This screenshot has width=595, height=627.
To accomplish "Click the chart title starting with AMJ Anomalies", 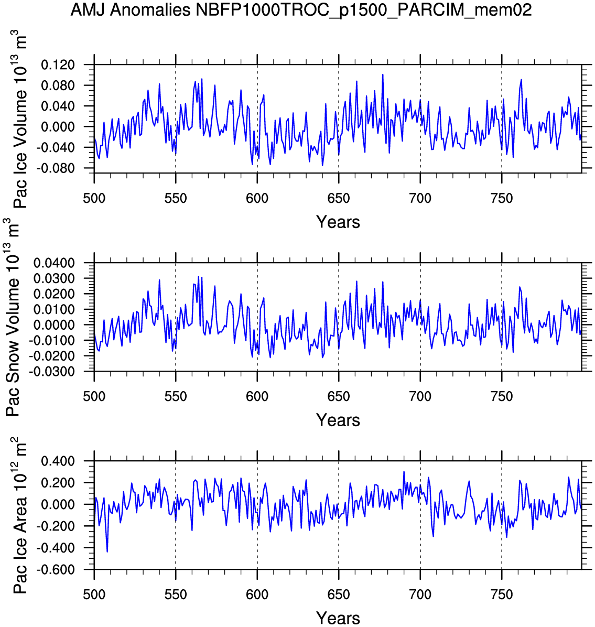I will pyautogui.click(x=301, y=10).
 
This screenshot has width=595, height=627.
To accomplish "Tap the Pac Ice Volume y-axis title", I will pyautogui.click(x=19, y=119).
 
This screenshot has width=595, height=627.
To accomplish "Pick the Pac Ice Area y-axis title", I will pyautogui.click(x=19, y=515).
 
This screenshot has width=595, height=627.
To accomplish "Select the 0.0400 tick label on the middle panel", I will pyautogui.click(x=55, y=263).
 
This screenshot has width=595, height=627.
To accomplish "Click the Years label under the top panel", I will pyautogui.click(x=338, y=222).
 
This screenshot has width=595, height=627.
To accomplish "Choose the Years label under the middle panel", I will pyautogui.click(x=338, y=420).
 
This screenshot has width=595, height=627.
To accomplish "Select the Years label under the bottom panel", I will pyautogui.click(x=338, y=618).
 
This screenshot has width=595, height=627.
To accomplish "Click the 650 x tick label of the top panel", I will pyautogui.click(x=339, y=199).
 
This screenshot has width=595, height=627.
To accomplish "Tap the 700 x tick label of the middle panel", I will pyautogui.click(x=420, y=397).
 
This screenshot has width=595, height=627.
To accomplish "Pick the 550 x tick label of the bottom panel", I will pyautogui.click(x=176, y=595).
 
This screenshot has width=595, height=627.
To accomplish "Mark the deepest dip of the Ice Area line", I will pyautogui.click(x=107, y=552).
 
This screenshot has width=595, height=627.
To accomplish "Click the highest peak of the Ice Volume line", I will pyautogui.click(x=383, y=74).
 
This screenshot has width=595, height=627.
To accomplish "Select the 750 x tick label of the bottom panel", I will pyautogui.click(x=502, y=595).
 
